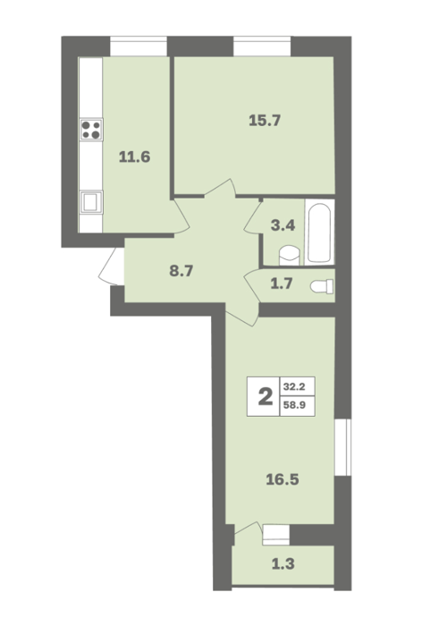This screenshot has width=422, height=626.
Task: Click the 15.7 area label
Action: (265, 120)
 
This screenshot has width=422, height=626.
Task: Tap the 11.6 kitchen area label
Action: (134, 156)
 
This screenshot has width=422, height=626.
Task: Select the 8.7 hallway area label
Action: (181, 272)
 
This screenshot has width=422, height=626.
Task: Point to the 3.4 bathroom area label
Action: (283, 225)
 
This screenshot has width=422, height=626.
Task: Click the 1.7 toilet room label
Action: (282, 283)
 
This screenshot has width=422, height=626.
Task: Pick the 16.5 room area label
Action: (283, 479)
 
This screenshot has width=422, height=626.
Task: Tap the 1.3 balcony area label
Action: (283, 564)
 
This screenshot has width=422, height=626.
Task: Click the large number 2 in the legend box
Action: (266, 397)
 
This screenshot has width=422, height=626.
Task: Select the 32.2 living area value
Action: (294, 386)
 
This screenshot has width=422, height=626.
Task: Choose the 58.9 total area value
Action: (294, 405)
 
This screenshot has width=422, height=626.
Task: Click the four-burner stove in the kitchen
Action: (91, 130)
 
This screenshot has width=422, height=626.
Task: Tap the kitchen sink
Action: (91, 202)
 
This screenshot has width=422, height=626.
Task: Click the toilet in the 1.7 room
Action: (322, 286)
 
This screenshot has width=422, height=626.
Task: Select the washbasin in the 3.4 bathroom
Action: (290, 255)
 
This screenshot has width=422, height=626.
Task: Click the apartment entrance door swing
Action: (112, 266)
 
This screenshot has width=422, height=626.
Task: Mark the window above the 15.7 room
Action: (262, 47)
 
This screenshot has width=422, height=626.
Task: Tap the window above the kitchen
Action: (139, 47)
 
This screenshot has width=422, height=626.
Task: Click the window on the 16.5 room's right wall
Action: (343, 447)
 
